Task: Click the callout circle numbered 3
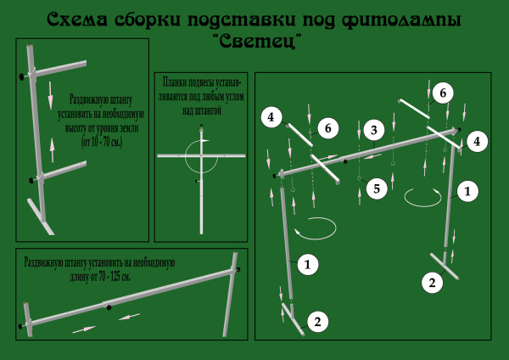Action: coord(374,130)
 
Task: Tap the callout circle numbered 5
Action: coord(377,188)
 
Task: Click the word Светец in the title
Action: coord(257,42)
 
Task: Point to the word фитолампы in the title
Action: coord(401,20)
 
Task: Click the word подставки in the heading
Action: coord(242,20)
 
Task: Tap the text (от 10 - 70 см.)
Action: coord(102,143)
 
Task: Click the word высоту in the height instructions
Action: coord(76,128)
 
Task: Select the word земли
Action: coord(130,128)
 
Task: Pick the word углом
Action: coord(234,97)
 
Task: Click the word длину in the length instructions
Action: coord(79,277)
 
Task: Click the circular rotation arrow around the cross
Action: coord(201,155)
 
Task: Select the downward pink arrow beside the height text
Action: coord(50,96)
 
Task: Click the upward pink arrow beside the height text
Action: coord(52,150)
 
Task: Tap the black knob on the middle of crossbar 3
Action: coord(345,161)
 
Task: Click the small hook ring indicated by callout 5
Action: coord(359,178)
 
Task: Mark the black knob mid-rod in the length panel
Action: coord(109,307)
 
